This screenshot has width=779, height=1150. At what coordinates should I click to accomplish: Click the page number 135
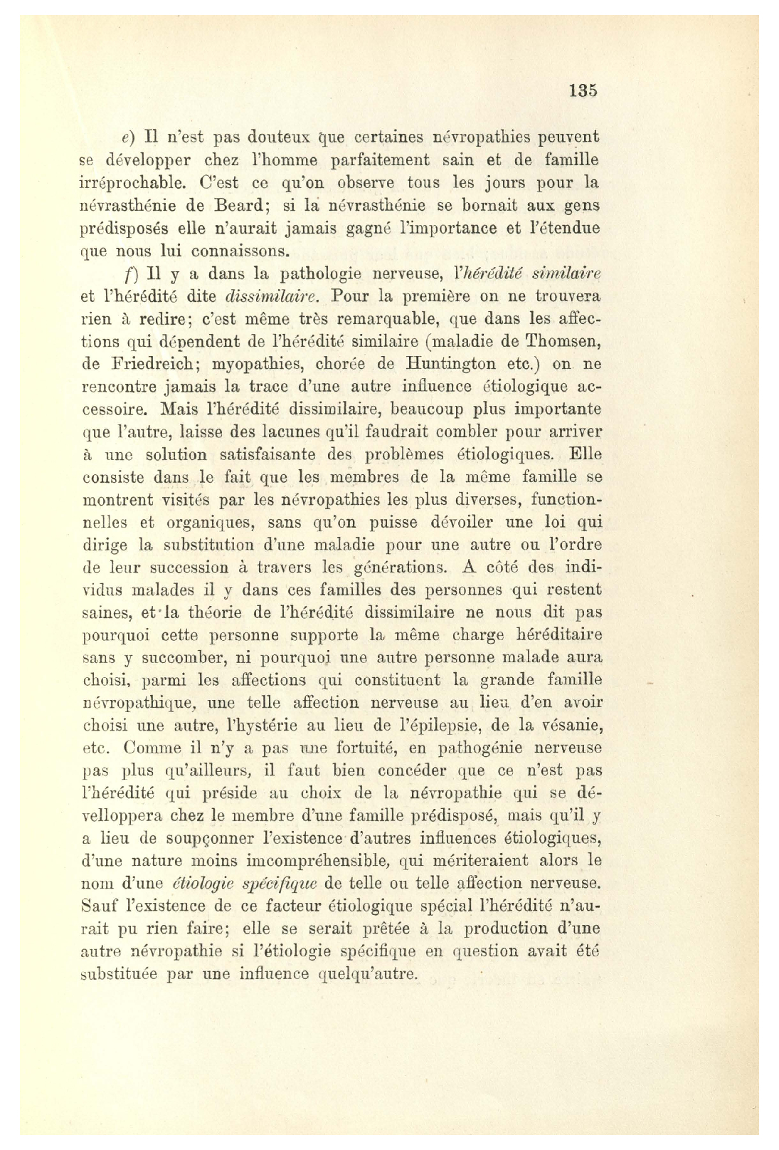[x=583, y=90]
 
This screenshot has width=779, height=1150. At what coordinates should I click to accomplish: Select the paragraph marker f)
[x=129, y=274]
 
